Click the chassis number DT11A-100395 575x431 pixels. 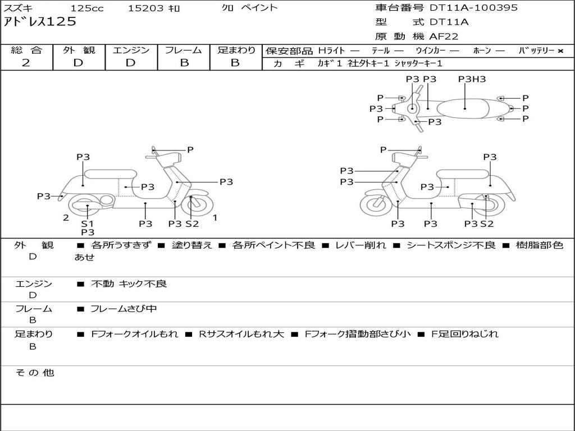pyautogui.click(x=473, y=8)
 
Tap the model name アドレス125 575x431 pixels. pyautogui.click(x=40, y=22)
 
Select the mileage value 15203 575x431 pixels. pyautogui.click(x=145, y=8)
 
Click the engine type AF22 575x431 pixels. pyautogui.click(x=444, y=36)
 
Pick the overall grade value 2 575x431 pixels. pyautogui.click(x=26, y=63)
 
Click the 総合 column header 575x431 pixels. pyautogui.click(x=26, y=51)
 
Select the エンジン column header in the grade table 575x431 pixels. pyautogui.click(x=131, y=51)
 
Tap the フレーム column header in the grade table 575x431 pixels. pyautogui.click(x=184, y=51)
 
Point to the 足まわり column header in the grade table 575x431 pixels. pyautogui.click(x=236, y=51)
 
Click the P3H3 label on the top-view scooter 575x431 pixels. pyautogui.click(x=472, y=79)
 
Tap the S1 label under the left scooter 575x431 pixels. pyautogui.click(x=88, y=223)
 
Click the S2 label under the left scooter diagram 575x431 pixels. pyautogui.click(x=192, y=223)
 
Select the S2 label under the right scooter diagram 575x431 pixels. pyautogui.click(x=487, y=223)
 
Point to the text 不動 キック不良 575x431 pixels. pyautogui.click(x=129, y=284)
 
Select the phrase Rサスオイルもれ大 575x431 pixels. pyautogui.click(x=241, y=334)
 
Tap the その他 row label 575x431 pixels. pyautogui.click(x=34, y=373)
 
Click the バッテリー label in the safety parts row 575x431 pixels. pyautogui.click(x=536, y=51)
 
